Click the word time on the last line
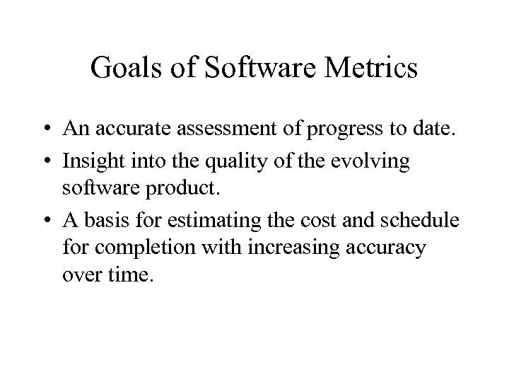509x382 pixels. coord(133,274)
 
